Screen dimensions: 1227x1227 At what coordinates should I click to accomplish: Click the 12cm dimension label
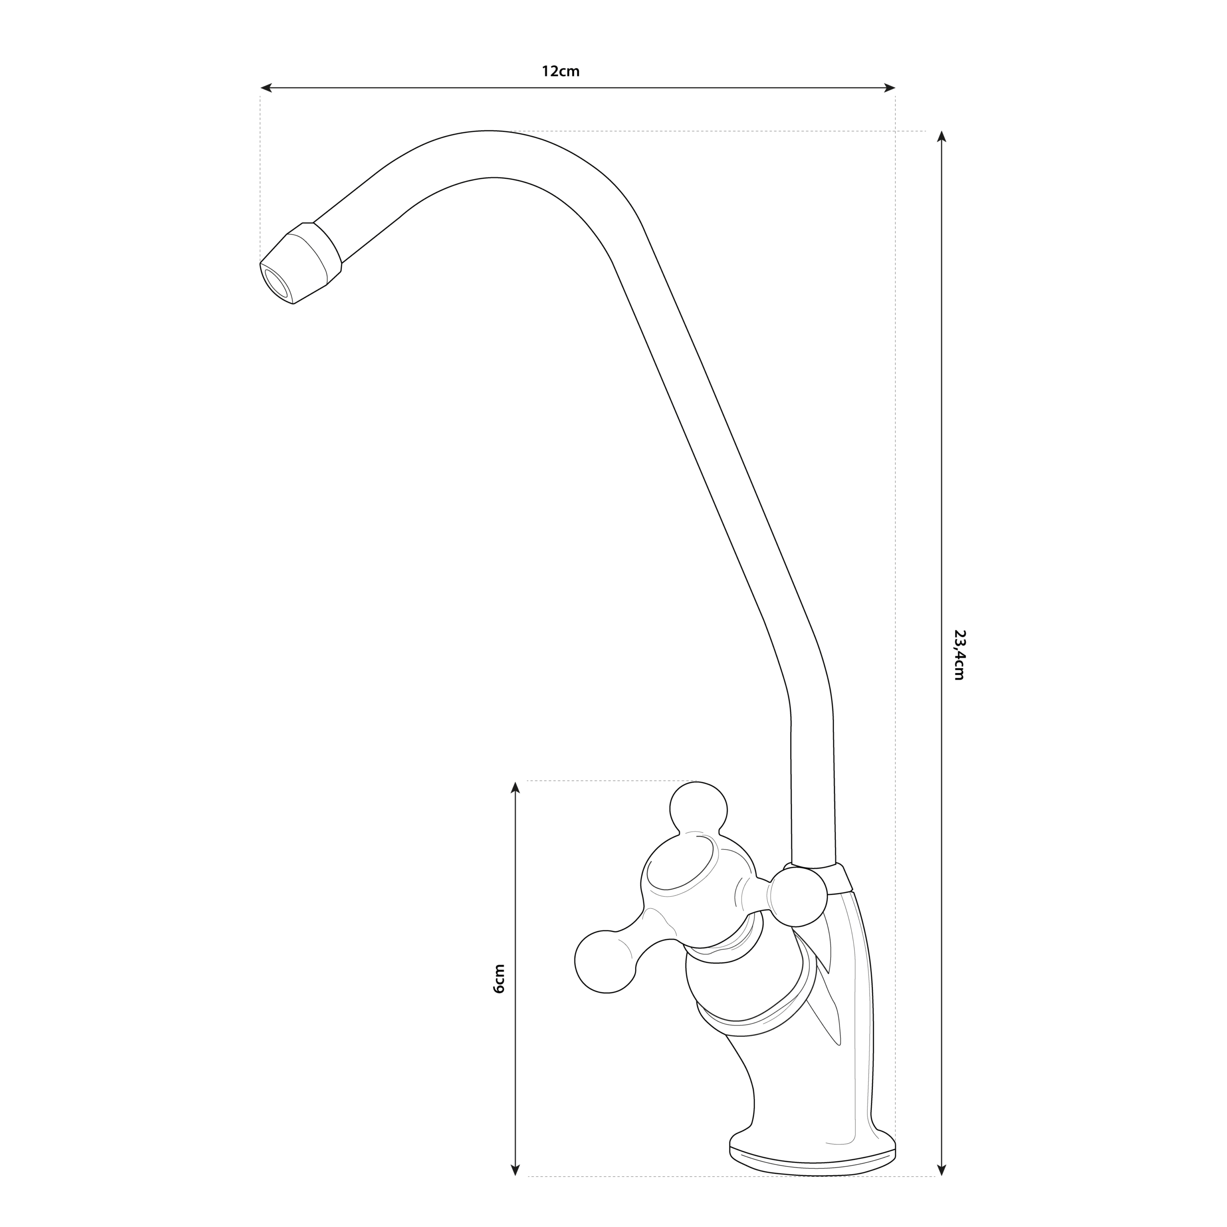[560, 71]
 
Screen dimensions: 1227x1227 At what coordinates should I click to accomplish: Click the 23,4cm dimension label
[959, 655]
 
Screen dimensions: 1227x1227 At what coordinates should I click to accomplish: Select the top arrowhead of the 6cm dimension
[516, 787]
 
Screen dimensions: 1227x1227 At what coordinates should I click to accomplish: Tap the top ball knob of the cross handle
[699, 807]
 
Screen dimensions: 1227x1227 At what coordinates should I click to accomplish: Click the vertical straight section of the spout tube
[812, 794]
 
